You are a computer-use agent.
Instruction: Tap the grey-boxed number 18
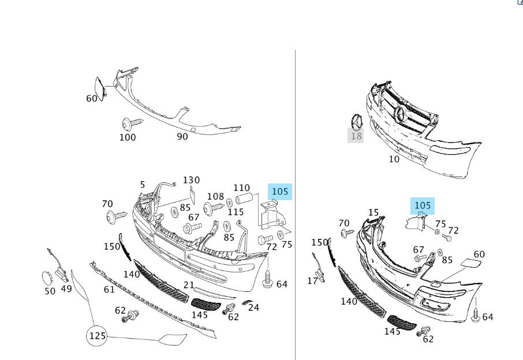click(356, 136)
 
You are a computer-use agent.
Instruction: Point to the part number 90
click(182, 136)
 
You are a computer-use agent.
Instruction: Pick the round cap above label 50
click(46, 277)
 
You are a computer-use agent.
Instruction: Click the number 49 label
click(66, 288)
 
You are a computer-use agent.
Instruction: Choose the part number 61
click(109, 289)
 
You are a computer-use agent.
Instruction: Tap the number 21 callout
click(189, 284)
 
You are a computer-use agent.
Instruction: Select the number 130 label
click(192, 181)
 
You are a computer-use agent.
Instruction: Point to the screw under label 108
click(213, 205)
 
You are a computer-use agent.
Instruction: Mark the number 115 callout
click(235, 212)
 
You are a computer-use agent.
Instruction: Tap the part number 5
click(143, 185)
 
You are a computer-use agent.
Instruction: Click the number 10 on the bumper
click(394, 159)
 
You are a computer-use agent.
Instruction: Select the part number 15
click(373, 212)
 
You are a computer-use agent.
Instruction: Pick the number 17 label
click(312, 281)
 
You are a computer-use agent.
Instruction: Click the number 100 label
click(128, 137)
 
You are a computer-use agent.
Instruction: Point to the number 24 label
click(253, 307)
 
